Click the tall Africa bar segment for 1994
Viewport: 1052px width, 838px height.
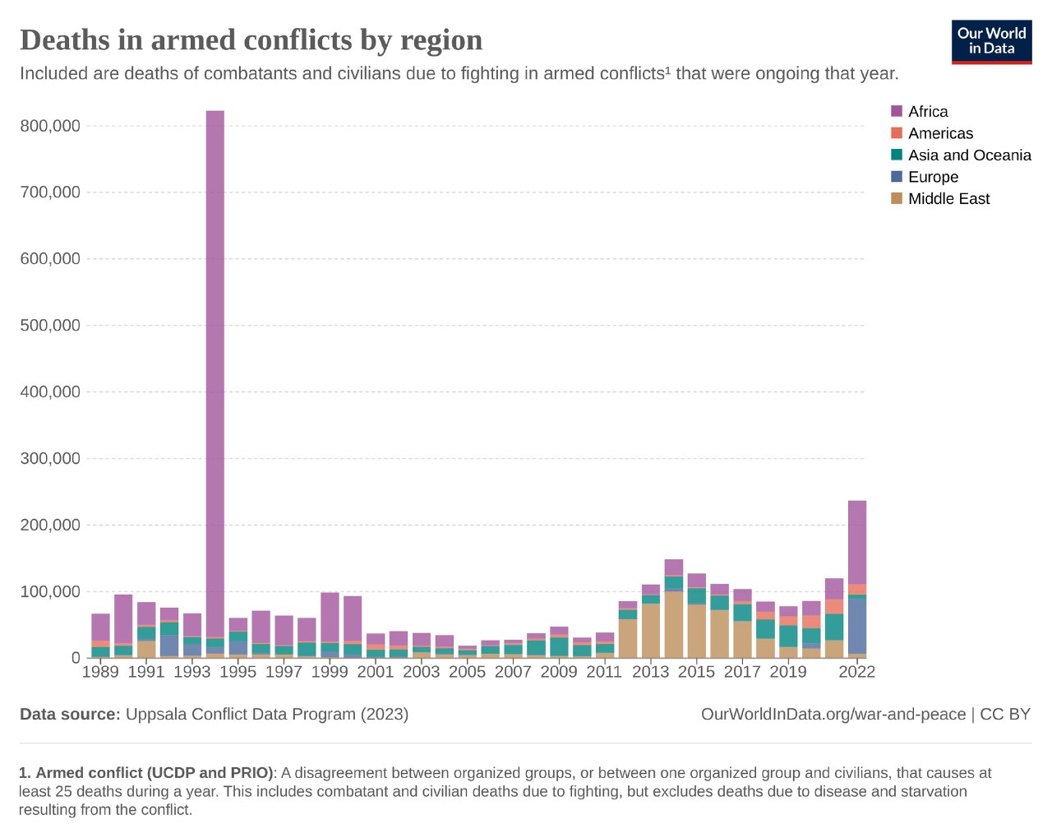[x=215, y=370]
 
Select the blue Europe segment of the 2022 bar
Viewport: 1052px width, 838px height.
[x=856, y=626]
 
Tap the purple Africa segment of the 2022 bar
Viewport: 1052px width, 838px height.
[x=856, y=543]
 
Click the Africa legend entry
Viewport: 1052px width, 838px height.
[x=927, y=112]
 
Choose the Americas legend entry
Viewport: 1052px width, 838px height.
[x=939, y=133]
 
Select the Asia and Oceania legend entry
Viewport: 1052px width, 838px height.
[x=968, y=155]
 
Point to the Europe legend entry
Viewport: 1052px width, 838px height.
[x=932, y=177]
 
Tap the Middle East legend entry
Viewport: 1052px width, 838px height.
[x=948, y=199]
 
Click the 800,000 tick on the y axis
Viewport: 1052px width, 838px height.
[x=50, y=126]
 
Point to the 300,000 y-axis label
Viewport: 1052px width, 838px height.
[x=50, y=458]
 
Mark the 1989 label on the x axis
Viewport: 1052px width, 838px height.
[x=100, y=672]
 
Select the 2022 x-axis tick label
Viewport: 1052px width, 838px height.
[x=856, y=672]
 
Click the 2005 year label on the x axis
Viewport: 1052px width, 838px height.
[x=467, y=672]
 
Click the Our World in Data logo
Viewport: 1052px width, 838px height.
[x=991, y=41]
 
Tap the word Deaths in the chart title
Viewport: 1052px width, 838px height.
[x=64, y=39]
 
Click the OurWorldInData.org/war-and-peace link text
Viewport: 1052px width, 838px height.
[x=833, y=714]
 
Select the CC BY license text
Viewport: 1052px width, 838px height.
[x=1005, y=714]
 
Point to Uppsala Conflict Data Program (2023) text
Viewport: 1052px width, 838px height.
[x=266, y=714]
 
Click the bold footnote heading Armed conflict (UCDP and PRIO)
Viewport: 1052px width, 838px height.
[x=154, y=773]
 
